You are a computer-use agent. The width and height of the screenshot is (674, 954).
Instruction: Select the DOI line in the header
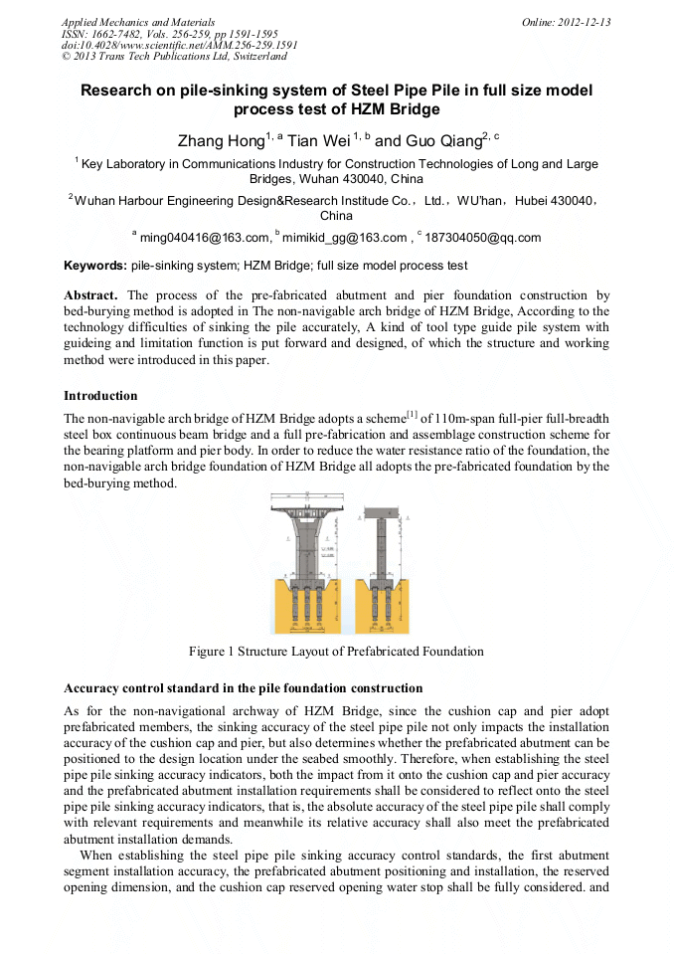179,46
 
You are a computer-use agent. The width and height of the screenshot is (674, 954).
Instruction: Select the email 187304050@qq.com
482,238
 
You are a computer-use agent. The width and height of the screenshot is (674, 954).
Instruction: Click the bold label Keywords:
95,267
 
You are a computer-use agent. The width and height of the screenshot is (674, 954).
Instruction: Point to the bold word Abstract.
90,295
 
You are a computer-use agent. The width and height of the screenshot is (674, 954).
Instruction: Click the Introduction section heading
100,396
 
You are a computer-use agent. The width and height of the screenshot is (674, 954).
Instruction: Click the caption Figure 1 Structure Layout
336,653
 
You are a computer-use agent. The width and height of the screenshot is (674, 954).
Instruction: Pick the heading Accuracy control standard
243,688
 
